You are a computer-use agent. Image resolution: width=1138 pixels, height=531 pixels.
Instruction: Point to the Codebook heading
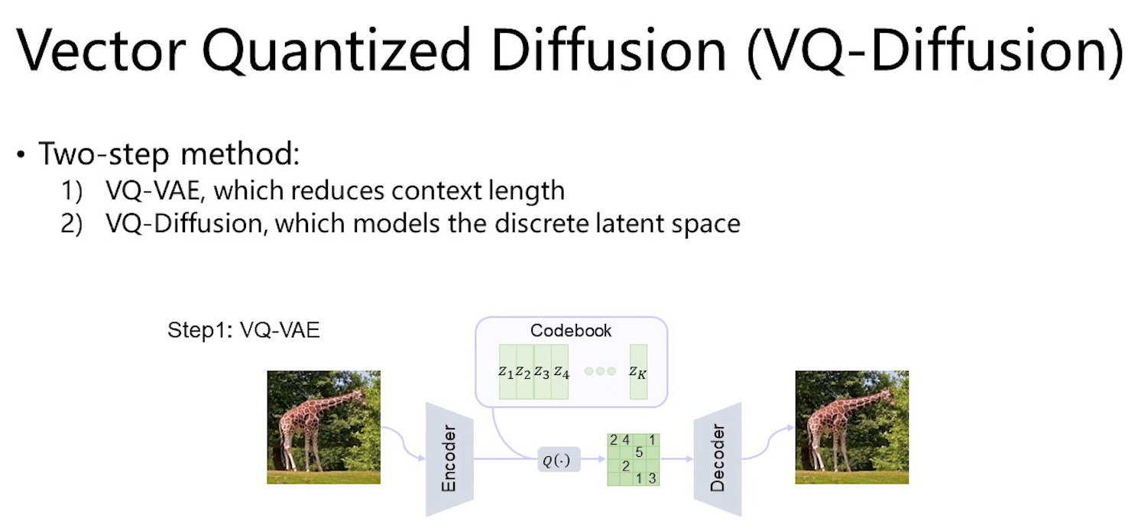(571, 332)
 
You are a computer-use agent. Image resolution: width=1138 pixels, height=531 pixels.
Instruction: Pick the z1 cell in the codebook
(507, 372)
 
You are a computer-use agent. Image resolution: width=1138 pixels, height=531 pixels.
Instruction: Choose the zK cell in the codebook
(638, 372)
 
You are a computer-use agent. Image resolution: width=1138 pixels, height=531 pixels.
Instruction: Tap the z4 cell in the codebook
(561, 372)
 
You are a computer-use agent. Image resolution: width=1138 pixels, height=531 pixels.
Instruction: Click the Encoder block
(449, 459)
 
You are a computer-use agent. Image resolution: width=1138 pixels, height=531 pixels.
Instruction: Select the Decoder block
(717, 459)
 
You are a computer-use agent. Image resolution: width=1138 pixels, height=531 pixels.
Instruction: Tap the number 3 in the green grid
(652, 478)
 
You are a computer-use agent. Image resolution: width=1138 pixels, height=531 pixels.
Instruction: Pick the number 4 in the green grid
(626, 440)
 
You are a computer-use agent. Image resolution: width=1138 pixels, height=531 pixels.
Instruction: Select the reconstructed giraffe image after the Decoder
(851, 427)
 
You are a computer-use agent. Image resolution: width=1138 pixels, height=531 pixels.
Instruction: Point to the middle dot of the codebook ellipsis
(600, 371)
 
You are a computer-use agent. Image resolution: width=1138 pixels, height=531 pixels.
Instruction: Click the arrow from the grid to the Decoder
(676, 460)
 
